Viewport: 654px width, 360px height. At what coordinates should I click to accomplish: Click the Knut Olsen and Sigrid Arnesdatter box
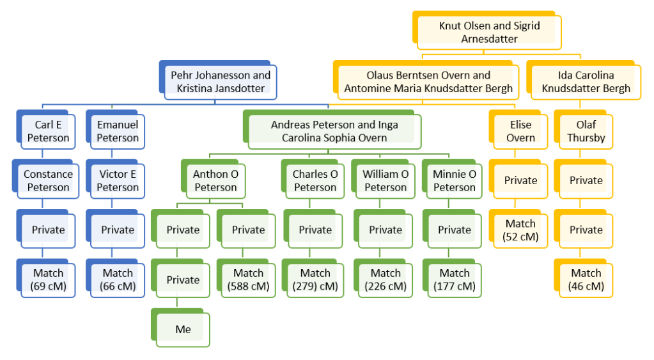click(489, 32)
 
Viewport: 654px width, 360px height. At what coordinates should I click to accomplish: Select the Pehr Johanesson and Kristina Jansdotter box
click(220, 82)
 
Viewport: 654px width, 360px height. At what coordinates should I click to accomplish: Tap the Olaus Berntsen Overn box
click(428, 82)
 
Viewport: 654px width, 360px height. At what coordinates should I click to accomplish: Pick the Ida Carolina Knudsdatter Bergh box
click(586, 82)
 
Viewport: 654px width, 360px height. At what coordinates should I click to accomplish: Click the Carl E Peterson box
click(48, 131)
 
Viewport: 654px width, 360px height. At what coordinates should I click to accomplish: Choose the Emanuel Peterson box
click(118, 131)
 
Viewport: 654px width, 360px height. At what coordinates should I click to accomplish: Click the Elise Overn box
click(520, 131)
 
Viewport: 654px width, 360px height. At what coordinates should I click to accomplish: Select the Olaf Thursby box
click(586, 131)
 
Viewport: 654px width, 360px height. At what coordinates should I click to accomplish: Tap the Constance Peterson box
click(48, 180)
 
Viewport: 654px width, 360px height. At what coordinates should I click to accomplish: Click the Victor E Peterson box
click(118, 180)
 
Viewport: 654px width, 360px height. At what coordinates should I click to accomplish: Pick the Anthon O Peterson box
click(215, 180)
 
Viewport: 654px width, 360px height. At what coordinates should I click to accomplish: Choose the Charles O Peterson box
click(315, 180)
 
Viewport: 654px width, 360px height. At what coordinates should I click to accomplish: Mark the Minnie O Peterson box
click(454, 180)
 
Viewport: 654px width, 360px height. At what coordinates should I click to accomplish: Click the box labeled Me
click(183, 329)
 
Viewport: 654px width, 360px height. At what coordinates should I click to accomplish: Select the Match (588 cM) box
click(248, 279)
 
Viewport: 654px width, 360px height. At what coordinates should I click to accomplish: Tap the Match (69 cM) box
click(48, 279)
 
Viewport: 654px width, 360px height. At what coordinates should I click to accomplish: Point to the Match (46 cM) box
click(586, 279)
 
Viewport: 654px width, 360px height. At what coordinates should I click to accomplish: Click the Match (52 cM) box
click(520, 230)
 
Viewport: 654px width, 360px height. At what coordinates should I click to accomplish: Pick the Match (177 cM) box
click(454, 279)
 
